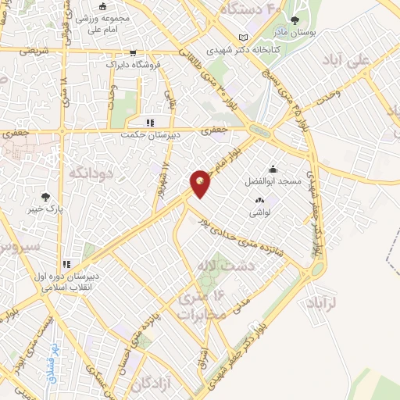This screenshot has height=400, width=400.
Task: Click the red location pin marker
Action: click(x=200, y=183)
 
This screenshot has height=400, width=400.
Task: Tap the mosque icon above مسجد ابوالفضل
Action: click(x=272, y=170)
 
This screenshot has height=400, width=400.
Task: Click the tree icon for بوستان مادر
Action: click(x=295, y=20)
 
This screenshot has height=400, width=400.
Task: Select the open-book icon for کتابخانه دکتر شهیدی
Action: click(x=244, y=37)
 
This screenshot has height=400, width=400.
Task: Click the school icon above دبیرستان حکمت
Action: click(x=151, y=123)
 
